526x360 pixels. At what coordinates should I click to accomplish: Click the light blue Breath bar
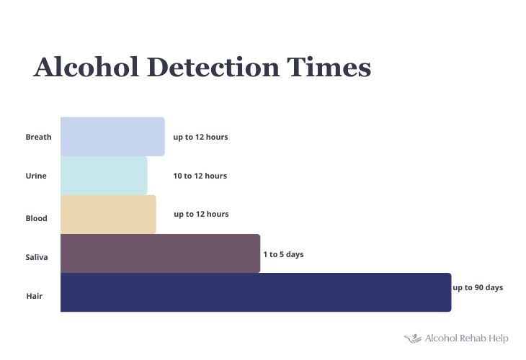point(112,136)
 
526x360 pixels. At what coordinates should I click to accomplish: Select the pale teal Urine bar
point(104,176)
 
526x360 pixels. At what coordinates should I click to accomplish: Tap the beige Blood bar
point(108,214)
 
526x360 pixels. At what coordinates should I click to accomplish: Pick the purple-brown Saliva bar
point(161,253)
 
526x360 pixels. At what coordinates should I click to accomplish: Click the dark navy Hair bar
point(256,292)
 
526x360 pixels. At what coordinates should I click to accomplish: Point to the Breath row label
point(39,137)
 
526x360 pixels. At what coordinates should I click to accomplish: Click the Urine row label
point(36,176)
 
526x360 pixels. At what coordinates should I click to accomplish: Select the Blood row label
point(36,218)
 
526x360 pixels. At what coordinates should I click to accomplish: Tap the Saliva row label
point(37,257)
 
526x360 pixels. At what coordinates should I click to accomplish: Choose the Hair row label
point(34,296)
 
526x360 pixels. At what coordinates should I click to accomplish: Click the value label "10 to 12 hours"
point(200,176)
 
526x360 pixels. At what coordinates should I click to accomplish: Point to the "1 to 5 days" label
point(283,254)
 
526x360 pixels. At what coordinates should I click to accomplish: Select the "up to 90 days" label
point(478,287)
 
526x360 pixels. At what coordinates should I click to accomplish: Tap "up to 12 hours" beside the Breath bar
point(200,137)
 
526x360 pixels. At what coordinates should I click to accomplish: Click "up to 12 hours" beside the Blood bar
point(201,214)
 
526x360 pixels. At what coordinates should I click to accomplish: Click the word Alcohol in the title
point(86,67)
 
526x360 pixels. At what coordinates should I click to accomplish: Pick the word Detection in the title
point(213,67)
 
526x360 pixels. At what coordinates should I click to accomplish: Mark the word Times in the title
point(329,67)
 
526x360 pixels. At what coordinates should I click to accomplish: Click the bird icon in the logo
point(413,338)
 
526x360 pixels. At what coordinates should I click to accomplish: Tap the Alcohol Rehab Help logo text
point(467,338)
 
